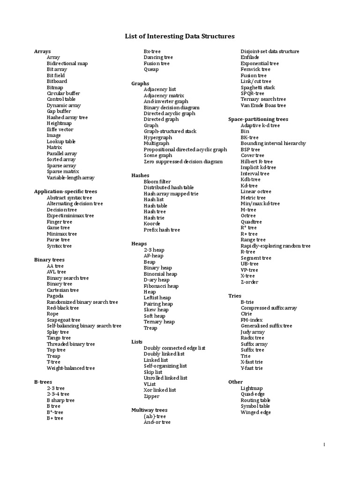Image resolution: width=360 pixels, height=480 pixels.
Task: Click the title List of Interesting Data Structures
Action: [x=180, y=36]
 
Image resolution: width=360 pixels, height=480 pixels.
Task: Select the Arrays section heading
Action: [x=43, y=51]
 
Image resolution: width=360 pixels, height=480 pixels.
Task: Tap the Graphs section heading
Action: [x=140, y=83]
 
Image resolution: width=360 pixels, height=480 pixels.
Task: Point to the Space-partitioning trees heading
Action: [x=258, y=120]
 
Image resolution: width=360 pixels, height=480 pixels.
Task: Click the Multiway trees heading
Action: [x=149, y=410]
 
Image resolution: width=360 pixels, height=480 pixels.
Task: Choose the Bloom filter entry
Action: [x=157, y=181]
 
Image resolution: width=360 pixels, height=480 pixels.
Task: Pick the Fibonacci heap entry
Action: [x=161, y=286]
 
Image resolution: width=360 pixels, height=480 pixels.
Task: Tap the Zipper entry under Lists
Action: [x=151, y=396]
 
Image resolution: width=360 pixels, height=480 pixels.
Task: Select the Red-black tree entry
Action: [x=63, y=308]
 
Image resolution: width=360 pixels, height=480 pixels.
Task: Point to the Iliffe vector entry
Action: [x=60, y=129]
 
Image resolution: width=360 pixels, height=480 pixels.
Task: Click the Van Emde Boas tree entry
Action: [x=263, y=105]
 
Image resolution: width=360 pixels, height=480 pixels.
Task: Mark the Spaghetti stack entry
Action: [x=258, y=87]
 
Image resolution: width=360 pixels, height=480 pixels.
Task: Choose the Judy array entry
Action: [x=253, y=332]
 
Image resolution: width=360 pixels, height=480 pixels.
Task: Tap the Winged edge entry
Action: [x=255, y=412]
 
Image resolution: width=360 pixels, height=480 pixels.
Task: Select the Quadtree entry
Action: [x=251, y=222]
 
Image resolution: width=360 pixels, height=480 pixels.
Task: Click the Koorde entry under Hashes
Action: [x=152, y=224]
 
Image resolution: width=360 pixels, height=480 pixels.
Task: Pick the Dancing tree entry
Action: [x=158, y=57]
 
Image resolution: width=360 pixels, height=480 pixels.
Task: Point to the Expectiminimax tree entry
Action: [x=70, y=216]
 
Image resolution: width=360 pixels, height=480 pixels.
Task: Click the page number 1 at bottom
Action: [x=324, y=444]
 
